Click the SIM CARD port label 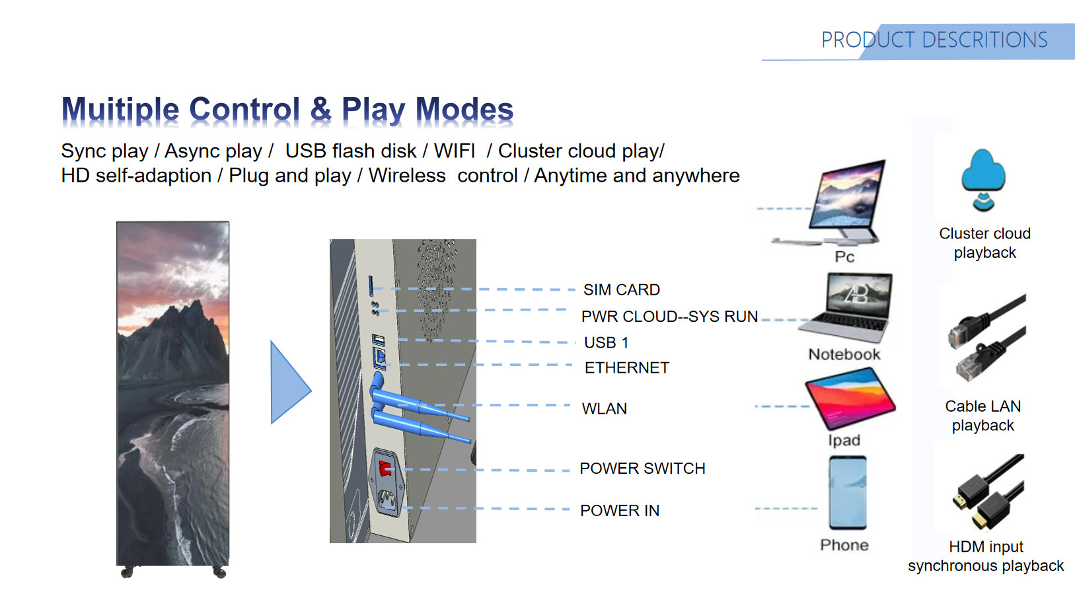[x=621, y=289]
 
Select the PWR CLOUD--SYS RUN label [x=669, y=317]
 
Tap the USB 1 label [x=606, y=342]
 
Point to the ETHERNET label [x=626, y=367]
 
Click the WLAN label [x=604, y=408]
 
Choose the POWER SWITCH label [x=642, y=468]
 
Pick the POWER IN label [x=619, y=510]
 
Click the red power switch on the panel [x=385, y=469]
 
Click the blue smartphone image [x=848, y=492]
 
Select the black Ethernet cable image [x=987, y=338]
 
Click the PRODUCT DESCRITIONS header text [x=934, y=40]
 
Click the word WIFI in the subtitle [x=454, y=151]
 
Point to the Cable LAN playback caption [x=982, y=416]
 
